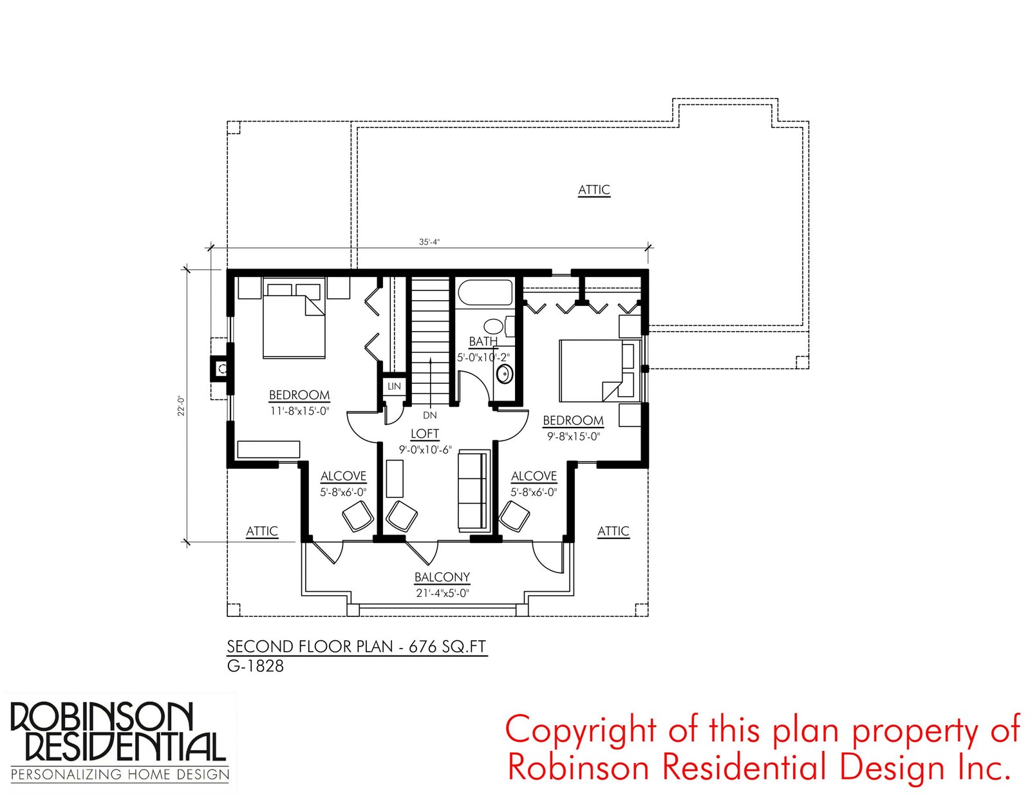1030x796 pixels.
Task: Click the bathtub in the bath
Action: point(485,292)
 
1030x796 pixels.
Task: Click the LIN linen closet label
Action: point(394,386)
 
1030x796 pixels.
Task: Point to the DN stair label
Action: point(429,415)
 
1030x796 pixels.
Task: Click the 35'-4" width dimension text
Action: point(429,242)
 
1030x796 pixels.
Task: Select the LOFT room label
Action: point(425,433)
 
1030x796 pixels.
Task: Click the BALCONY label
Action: point(442,577)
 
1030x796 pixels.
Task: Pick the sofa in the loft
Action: point(473,491)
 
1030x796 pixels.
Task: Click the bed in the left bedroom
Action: point(294,319)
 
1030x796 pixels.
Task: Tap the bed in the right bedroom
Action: point(599,371)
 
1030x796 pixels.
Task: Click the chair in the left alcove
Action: point(358,516)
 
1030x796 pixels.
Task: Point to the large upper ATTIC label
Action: point(594,189)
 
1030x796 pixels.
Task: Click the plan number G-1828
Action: point(255,666)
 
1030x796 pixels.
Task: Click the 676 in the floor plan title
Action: point(422,646)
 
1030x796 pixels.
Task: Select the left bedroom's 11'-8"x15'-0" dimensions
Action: point(299,411)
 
